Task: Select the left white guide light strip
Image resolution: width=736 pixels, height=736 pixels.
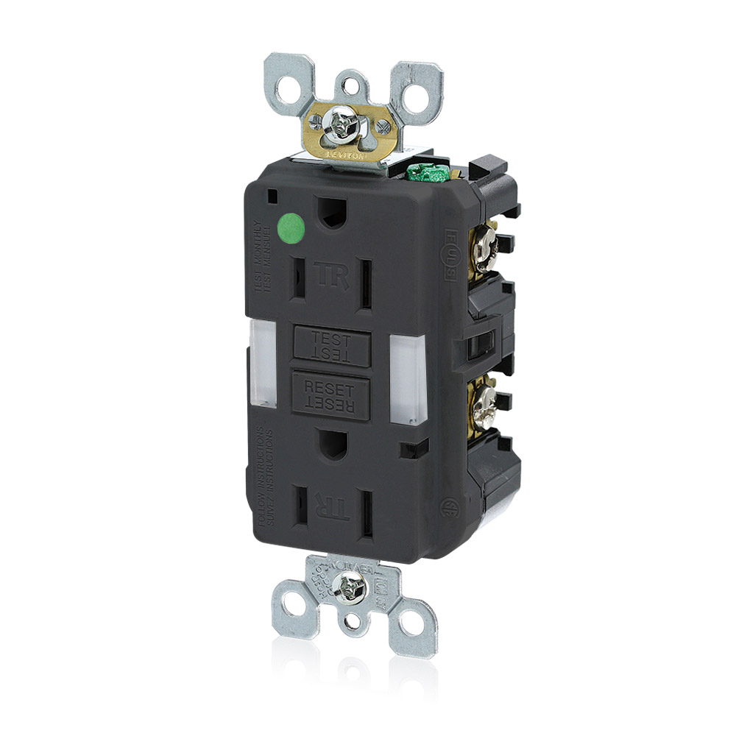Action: click(265, 363)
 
